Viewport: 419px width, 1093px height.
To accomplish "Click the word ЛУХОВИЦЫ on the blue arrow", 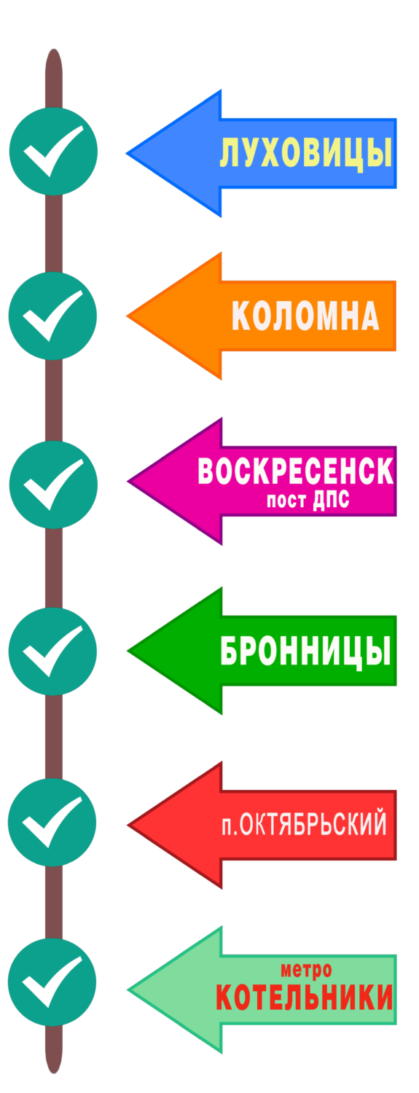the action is pyautogui.click(x=306, y=152).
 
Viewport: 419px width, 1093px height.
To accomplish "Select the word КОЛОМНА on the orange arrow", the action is pyautogui.click(x=305, y=316).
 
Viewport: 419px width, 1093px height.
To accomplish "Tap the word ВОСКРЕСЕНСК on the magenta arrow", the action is pyautogui.click(x=296, y=471).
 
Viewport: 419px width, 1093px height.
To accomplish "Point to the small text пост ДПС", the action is pyautogui.click(x=308, y=500).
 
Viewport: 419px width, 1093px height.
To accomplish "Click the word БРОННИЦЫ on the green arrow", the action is pyautogui.click(x=306, y=651).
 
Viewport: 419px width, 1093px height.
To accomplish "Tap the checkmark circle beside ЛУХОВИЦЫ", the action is pyautogui.click(x=53, y=152).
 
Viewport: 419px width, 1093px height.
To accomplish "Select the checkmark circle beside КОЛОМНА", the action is pyautogui.click(x=52, y=316).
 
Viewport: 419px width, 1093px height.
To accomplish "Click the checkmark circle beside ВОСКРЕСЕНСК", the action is pyautogui.click(x=53, y=485).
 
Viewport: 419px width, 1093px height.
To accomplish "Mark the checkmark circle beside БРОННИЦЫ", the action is pyautogui.click(x=52, y=651).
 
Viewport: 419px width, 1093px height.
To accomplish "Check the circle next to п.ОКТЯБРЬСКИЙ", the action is pyautogui.click(x=52, y=822).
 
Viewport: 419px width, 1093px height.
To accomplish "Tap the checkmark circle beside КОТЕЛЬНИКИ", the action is pyautogui.click(x=52, y=982).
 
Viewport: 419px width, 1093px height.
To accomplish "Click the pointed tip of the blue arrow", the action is pyautogui.click(x=127, y=153).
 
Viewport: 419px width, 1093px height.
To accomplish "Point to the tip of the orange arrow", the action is pyautogui.click(x=127, y=316).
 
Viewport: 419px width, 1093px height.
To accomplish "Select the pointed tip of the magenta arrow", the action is pyautogui.click(x=128, y=481).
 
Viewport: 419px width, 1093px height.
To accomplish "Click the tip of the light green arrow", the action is pyautogui.click(x=128, y=990).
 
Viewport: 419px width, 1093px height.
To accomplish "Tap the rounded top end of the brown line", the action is pyautogui.click(x=54, y=50).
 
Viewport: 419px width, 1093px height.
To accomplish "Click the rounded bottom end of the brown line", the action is pyautogui.click(x=54, y=1073).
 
